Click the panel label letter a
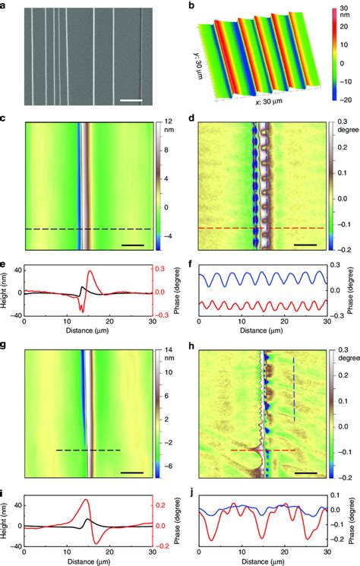[x=5, y=6]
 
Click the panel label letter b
[x=191, y=6]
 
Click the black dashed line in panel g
[x=88, y=451]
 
